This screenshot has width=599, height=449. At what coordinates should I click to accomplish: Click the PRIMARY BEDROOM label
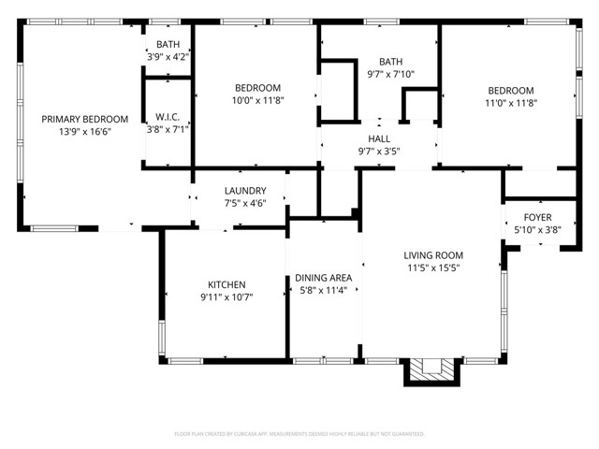point(84,119)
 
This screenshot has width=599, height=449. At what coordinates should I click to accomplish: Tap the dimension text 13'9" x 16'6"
point(84,133)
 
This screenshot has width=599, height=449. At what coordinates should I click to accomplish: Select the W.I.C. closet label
point(168,117)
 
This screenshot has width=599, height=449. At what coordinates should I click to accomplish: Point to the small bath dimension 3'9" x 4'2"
point(168,57)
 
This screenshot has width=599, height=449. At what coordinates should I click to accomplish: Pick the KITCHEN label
point(226,284)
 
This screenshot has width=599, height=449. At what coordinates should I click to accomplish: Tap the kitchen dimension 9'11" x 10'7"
point(226,297)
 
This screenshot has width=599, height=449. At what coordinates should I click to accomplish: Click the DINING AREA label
point(323,278)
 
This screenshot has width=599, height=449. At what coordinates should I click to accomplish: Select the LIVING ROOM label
point(433,255)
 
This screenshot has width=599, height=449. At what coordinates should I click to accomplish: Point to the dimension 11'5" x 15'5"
point(433,268)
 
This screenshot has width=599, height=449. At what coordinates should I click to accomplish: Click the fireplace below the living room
point(432,370)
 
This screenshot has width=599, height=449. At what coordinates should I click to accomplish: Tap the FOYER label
point(537,216)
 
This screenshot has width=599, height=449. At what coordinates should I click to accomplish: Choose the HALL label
point(379,138)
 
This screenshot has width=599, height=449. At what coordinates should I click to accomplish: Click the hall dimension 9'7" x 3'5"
point(379,151)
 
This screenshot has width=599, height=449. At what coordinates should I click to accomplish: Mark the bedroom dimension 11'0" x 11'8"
point(510,104)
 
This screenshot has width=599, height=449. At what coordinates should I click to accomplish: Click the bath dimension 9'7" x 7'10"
point(390,74)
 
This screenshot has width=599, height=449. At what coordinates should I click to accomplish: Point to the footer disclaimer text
point(299,434)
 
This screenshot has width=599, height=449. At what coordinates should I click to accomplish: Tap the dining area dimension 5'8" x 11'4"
point(323,290)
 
